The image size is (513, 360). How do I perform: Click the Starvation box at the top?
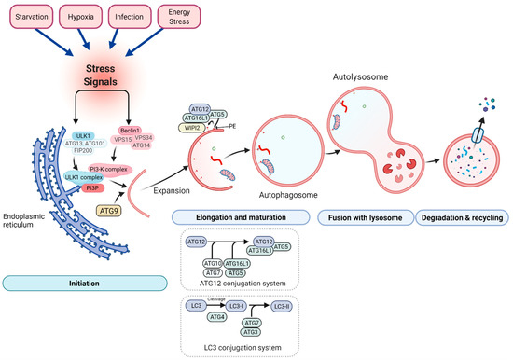(34, 17)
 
